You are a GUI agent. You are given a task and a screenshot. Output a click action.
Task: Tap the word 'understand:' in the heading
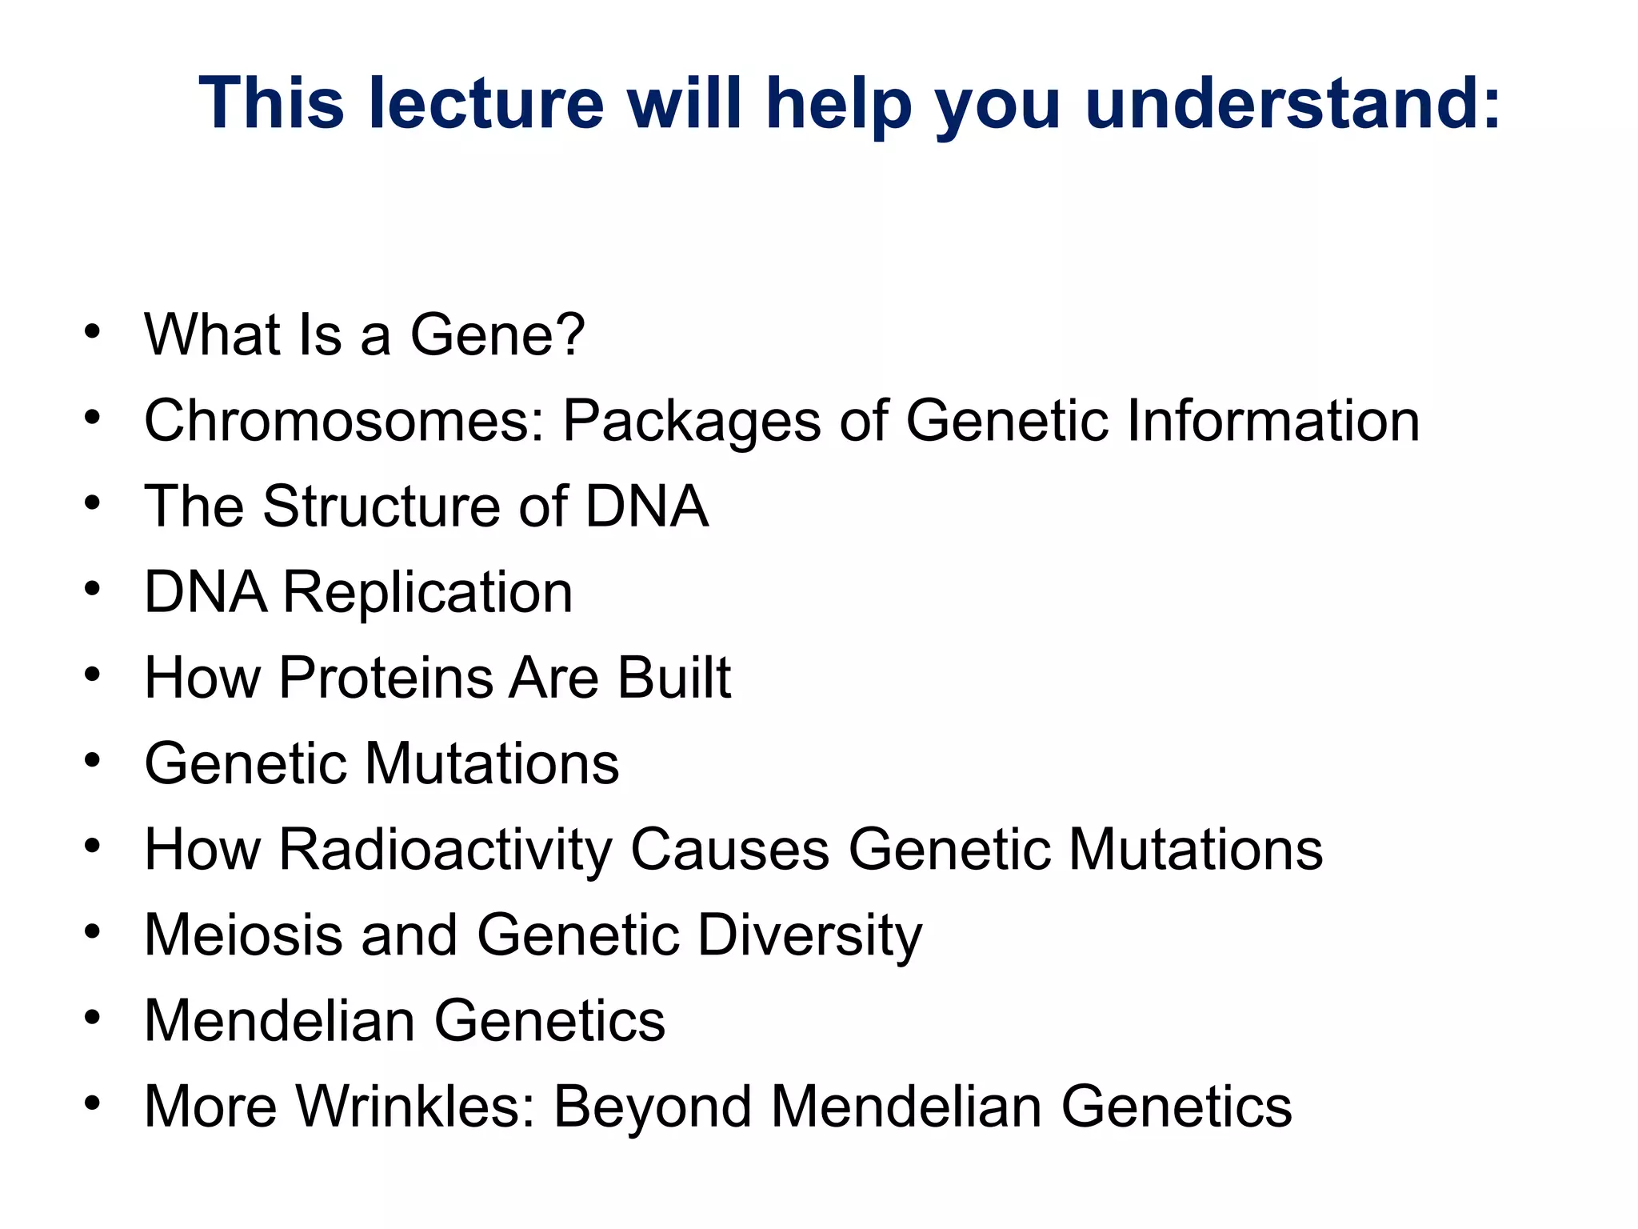pos(1292,103)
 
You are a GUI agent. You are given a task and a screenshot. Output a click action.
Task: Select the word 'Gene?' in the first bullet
pos(497,334)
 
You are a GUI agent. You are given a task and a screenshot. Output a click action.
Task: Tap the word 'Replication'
pos(428,593)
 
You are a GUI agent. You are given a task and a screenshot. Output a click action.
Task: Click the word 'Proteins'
pos(386,679)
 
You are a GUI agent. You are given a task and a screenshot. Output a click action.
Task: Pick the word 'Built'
pos(673,679)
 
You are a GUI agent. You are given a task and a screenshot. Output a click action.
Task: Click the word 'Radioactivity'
pos(445,850)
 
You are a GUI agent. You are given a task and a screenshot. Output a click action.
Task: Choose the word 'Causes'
pos(729,850)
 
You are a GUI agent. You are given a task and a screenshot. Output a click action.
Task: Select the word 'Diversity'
pos(809,935)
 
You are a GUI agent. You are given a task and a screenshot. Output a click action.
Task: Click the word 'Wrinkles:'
pos(415,1107)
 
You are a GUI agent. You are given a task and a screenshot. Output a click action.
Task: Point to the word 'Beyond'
pos(653,1107)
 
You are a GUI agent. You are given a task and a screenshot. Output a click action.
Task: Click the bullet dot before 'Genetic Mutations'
pos(93,762)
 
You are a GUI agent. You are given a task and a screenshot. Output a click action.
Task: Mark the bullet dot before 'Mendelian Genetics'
pos(93,1019)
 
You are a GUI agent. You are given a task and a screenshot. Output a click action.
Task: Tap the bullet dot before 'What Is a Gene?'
pos(93,331)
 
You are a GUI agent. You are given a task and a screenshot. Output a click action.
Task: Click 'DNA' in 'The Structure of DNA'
pos(646,506)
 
